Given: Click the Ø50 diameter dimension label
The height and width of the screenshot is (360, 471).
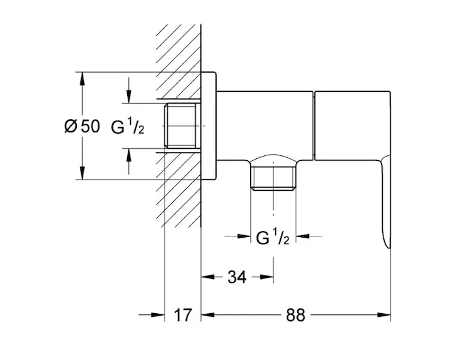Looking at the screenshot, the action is pos(82,126).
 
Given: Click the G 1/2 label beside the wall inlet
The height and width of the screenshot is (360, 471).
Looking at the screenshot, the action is pos(128,127).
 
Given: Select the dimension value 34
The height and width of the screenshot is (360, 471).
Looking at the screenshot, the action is pos(237,277).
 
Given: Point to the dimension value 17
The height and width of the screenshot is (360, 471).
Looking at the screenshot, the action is pos(182,314).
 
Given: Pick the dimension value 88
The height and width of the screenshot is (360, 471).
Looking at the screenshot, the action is pos(296,315).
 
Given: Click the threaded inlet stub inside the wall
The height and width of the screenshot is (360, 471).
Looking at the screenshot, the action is pos(182,126).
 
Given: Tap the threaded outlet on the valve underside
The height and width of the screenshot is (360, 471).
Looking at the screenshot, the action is pos(274,175).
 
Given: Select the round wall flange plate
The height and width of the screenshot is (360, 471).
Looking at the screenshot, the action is pos(209,126).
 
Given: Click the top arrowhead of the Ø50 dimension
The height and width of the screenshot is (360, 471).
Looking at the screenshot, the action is pos(82,79).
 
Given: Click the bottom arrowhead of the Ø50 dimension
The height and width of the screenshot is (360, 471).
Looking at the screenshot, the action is pos(82,173).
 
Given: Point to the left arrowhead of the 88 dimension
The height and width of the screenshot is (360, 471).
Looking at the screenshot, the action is pos(208,314).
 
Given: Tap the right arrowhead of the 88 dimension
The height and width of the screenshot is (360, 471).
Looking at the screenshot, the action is pos(384,314).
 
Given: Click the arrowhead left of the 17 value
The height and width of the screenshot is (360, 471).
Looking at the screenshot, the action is pos(158,314).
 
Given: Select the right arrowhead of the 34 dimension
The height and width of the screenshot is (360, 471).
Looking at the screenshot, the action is pos(267,277).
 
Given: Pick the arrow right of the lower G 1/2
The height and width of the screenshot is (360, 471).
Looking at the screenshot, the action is pos(303,236).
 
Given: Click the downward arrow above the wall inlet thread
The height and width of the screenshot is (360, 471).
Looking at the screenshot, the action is pos(128,96).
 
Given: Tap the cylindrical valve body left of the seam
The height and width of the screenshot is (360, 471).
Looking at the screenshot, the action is pos(265,125).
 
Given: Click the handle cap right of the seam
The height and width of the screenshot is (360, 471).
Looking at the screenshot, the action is pos(352,125).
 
